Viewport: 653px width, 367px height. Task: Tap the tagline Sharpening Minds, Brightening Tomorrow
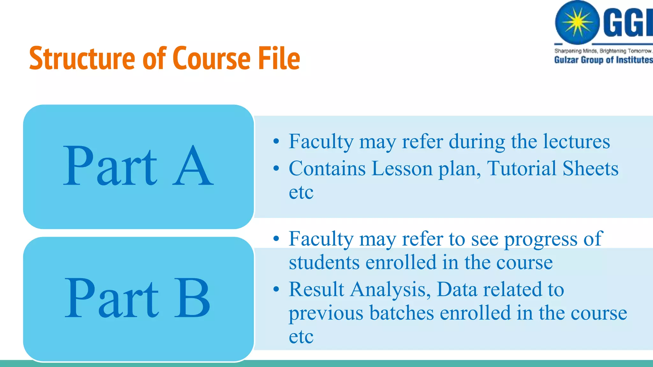pos(603,51)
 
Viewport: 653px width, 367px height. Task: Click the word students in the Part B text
pos(324,263)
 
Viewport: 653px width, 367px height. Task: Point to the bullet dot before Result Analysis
pos(276,289)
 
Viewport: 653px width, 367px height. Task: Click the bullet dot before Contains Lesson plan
pos(276,169)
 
